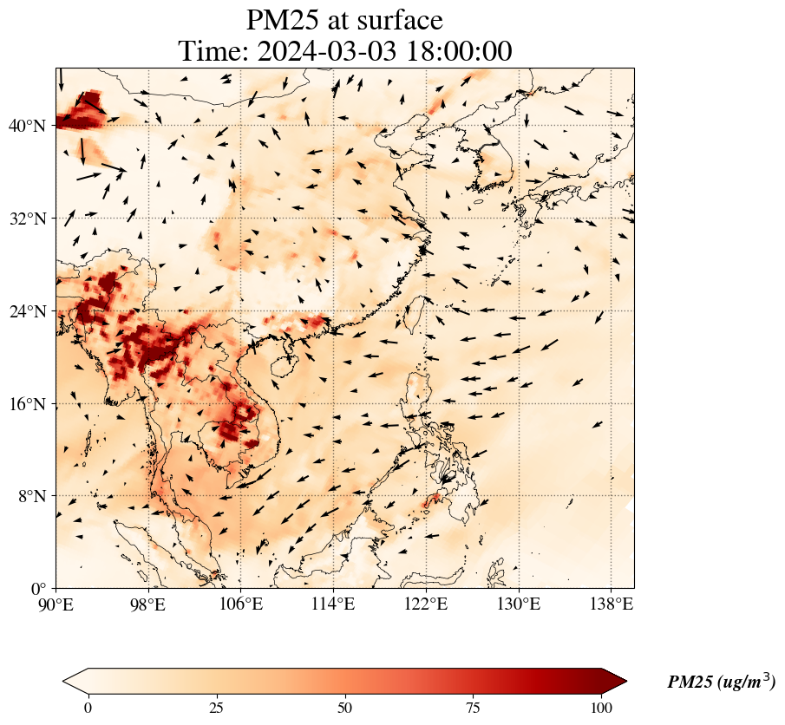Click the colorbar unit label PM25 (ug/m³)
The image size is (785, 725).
pos(721,683)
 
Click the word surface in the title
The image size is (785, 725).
pos(395,20)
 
